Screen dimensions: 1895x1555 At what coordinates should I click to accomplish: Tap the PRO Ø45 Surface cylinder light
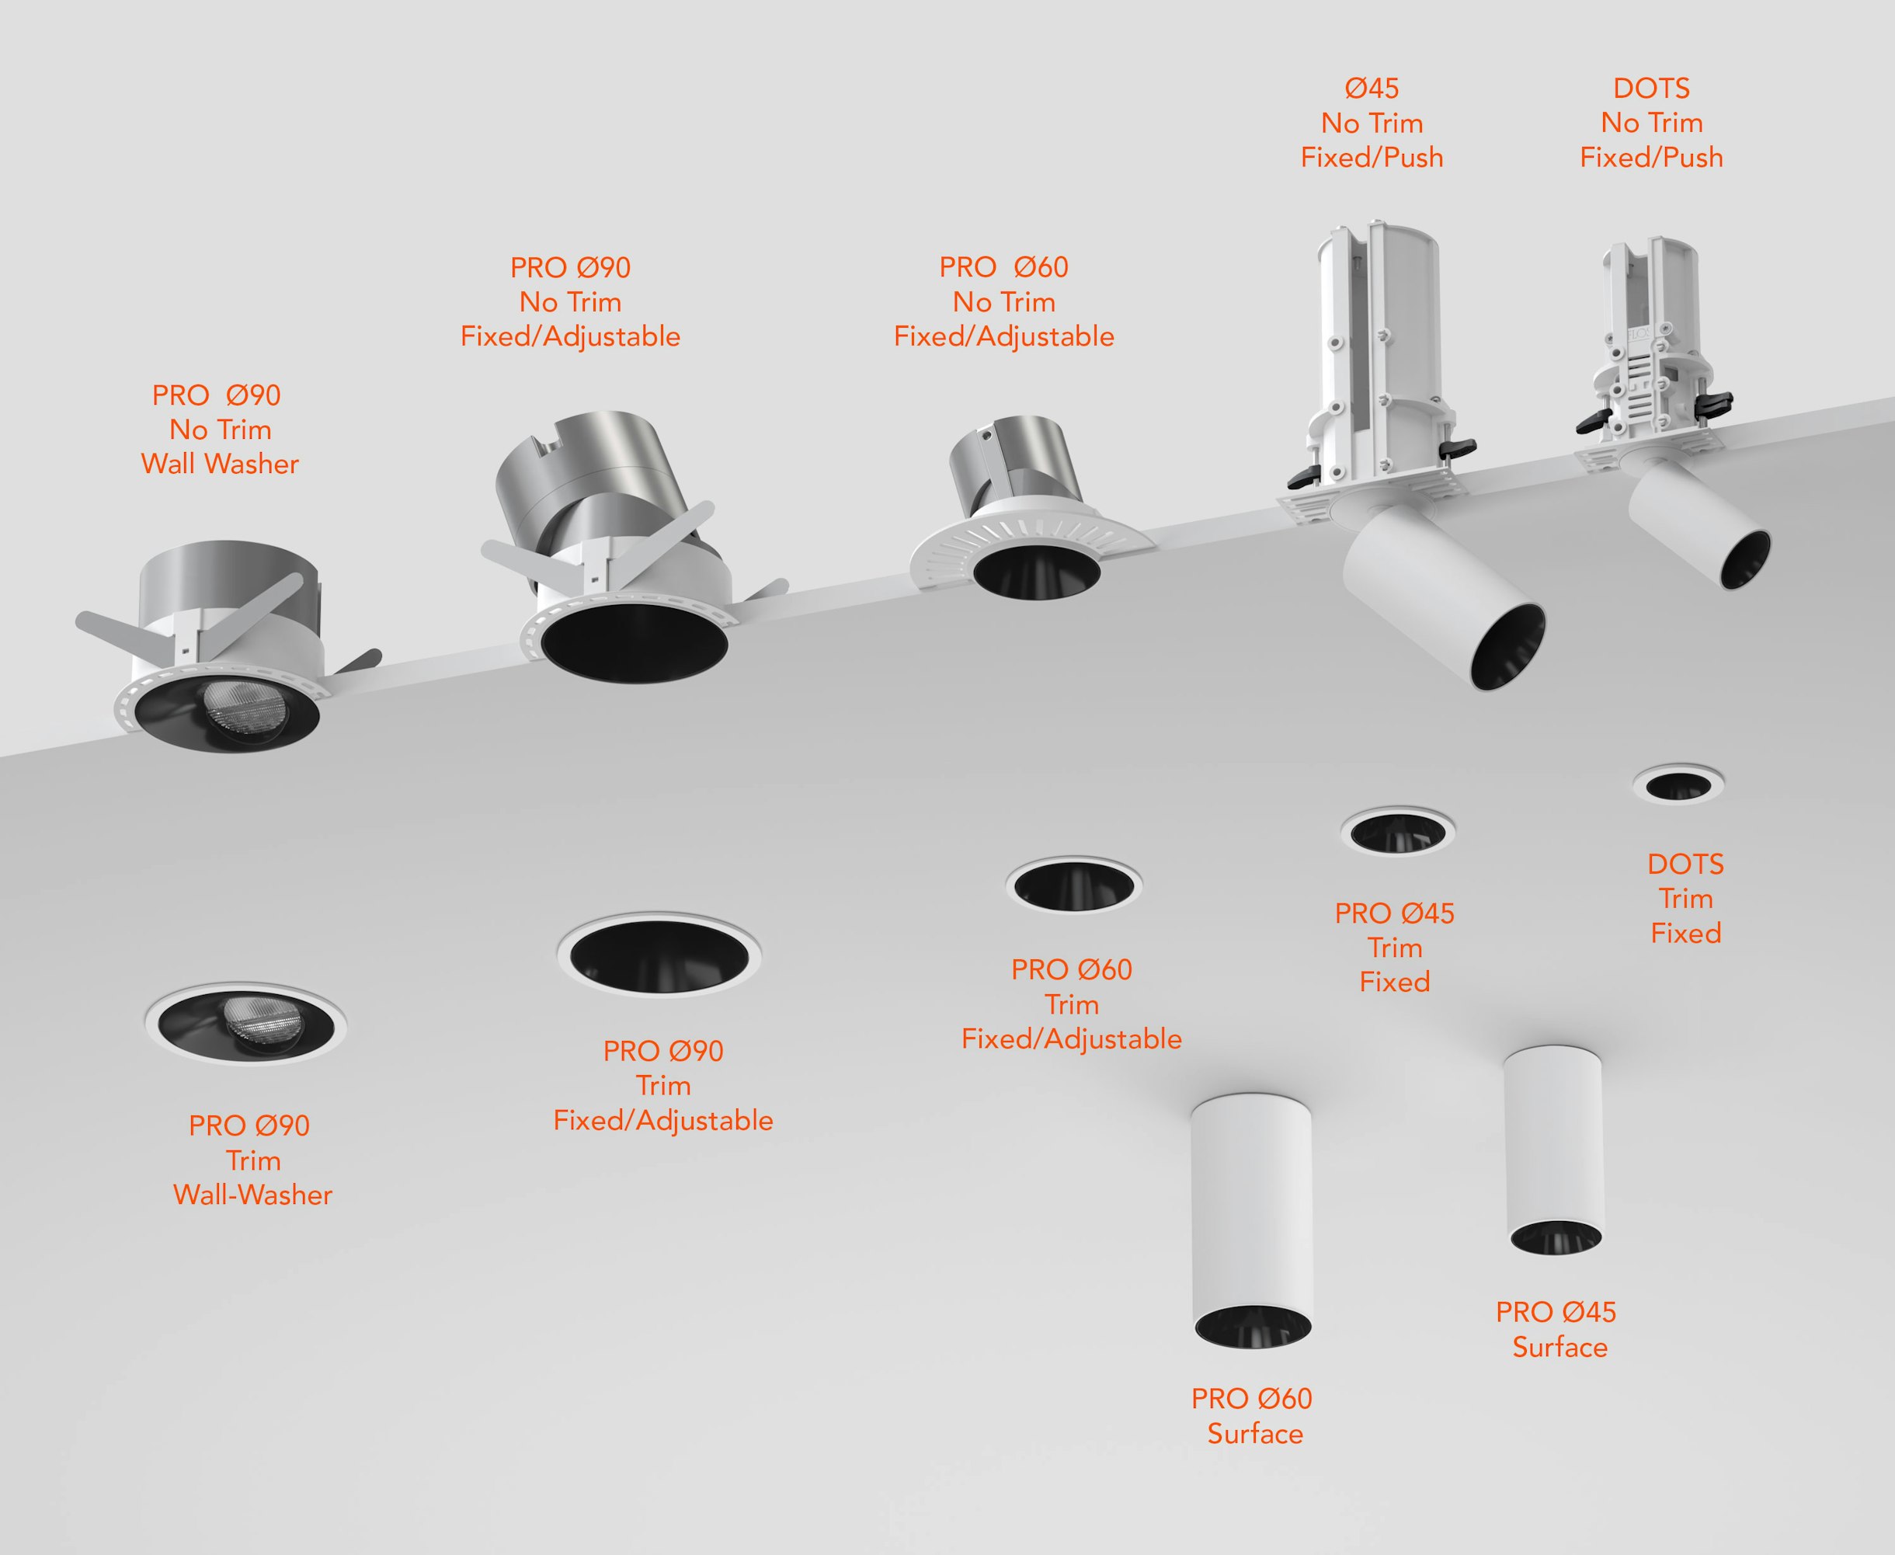pos(1554,1150)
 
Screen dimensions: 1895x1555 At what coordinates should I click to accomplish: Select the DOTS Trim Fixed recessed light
pos(1678,784)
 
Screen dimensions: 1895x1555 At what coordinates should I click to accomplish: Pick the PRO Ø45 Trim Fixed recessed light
pos(1397,831)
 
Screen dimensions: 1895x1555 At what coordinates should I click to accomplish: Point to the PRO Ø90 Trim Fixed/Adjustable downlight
pos(659,955)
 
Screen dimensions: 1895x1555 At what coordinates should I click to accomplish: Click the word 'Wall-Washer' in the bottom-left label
pos(252,1195)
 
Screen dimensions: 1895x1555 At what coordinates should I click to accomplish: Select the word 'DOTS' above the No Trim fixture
pos(1651,88)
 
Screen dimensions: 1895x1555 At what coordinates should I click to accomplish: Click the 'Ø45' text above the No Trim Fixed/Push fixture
pos(1372,88)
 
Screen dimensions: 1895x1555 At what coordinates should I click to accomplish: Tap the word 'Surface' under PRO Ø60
pos(1255,1434)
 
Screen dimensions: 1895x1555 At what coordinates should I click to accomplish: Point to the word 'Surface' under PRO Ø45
pos(1560,1347)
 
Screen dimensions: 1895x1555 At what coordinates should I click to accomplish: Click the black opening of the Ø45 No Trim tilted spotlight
pos(1509,648)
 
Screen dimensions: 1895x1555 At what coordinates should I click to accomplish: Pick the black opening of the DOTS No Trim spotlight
pos(1745,560)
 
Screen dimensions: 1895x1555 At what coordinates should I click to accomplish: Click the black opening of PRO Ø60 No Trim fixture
pos(1036,569)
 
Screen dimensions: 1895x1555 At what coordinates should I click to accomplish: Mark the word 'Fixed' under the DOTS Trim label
pos(1685,934)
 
